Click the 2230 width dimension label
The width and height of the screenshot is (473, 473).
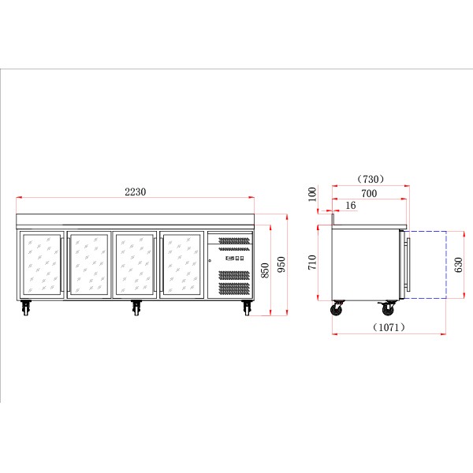[136, 192]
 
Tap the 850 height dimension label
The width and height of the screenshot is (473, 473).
[265, 270]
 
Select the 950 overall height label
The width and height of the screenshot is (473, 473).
[281, 264]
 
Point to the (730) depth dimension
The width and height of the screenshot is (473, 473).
[371, 179]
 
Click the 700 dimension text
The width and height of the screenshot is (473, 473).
[369, 193]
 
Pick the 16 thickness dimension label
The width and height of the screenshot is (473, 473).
[351, 206]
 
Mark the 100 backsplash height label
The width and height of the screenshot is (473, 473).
[312, 194]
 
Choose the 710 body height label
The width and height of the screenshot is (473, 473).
[312, 263]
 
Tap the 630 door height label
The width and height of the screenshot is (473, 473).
[458, 265]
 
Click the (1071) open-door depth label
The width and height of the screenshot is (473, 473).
[389, 327]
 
